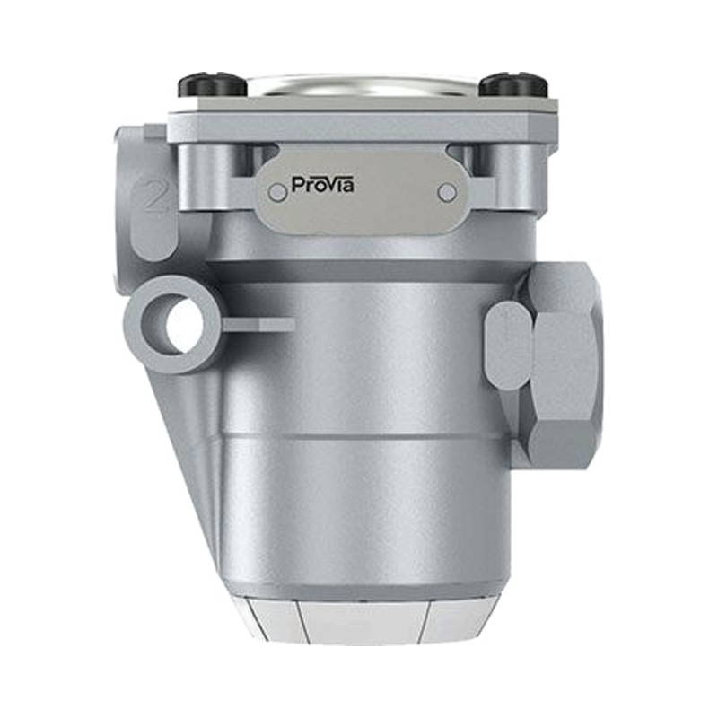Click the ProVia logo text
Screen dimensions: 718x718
coord(322,185)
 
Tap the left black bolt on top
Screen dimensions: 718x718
coord(207,85)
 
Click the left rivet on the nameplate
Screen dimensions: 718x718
coord(276,192)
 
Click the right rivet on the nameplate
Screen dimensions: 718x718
coord(447,192)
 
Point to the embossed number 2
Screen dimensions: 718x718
coord(153,195)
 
